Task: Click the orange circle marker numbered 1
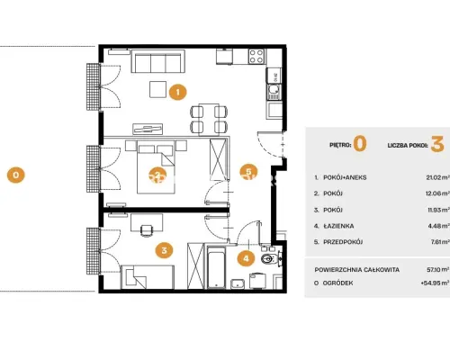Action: (x=178, y=92)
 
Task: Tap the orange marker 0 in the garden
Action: (x=16, y=175)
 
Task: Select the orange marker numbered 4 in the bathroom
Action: (x=246, y=258)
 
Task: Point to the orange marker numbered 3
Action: (x=164, y=250)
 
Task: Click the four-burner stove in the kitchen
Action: (x=256, y=56)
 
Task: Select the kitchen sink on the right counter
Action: (x=274, y=92)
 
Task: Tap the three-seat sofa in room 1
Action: (x=158, y=61)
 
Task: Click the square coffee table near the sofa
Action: (x=158, y=89)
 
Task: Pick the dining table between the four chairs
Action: (x=209, y=119)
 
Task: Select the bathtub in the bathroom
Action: (x=216, y=267)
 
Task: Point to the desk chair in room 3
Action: (x=146, y=230)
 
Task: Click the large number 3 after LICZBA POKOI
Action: (x=437, y=144)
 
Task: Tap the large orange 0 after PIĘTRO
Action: (x=360, y=144)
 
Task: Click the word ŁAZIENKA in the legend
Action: (x=338, y=226)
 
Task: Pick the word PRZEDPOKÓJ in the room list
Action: (x=343, y=242)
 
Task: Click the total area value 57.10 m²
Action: (x=438, y=270)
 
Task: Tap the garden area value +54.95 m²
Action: (x=436, y=283)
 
